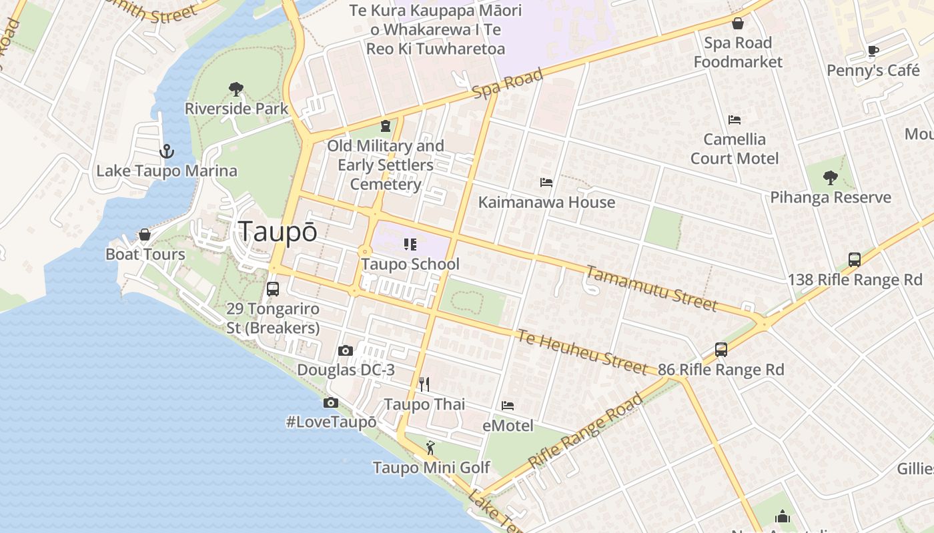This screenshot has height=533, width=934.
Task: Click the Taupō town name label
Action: (278, 231)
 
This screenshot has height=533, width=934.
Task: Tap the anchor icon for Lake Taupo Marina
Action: (167, 152)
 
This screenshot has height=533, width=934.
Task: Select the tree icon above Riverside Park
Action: (236, 89)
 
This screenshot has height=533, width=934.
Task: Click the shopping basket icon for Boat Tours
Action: (145, 235)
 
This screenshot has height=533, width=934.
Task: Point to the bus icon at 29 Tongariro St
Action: (272, 289)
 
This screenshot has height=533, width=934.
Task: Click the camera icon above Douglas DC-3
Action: (346, 351)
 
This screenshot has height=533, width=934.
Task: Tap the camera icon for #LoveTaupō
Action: (330, 402)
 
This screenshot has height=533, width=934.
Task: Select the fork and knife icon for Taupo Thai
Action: (424, 384)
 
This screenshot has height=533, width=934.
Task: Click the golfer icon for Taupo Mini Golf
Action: (430, 447)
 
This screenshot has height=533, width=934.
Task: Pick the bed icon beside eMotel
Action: (508, 405)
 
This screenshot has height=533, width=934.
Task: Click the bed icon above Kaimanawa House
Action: (546, 182)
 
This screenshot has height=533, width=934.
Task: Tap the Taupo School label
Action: (410, 264)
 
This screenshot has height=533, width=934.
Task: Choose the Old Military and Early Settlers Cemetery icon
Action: (386, 125)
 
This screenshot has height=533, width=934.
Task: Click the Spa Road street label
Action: (508, 83)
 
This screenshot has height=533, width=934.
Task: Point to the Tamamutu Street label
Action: (651, 288)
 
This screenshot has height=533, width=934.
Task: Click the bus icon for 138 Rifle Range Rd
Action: (855, 260)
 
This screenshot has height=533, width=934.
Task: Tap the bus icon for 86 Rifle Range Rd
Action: (721, 350)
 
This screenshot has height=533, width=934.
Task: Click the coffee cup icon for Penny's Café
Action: (873, 51)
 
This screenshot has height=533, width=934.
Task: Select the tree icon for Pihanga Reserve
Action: (831, 178)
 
